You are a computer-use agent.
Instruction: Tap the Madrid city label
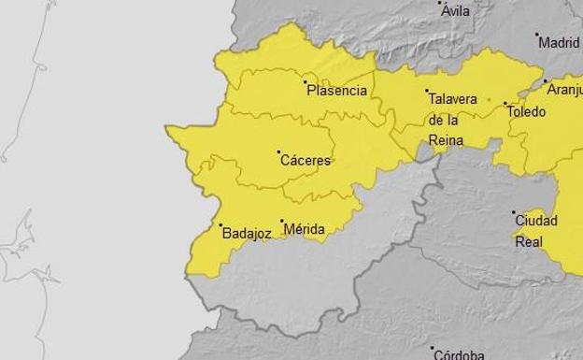tap(560, 42)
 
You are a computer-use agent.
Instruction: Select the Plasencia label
tap(336, 91)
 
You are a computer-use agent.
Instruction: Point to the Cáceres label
tap(306, 160)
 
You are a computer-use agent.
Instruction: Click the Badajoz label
tap(247, 234)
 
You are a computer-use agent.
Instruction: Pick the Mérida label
tap(304, 229)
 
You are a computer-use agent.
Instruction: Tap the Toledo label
tap(526, 111)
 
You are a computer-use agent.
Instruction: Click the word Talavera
tap(452, 99)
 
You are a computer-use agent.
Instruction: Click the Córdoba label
tap(458, 354)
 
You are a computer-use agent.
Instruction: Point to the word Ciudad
tap(536, 222)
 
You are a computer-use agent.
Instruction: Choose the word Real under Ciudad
tap(529, 241)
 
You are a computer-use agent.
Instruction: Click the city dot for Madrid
tap(537, 36)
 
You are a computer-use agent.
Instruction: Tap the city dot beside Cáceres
tap(278, 151)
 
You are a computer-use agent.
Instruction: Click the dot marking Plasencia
tap(306, 83)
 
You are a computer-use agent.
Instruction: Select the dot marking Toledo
tap(505, 104)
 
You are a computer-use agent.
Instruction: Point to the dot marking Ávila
tap(441, 4)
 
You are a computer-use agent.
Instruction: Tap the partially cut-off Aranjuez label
tap(564, 90)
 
